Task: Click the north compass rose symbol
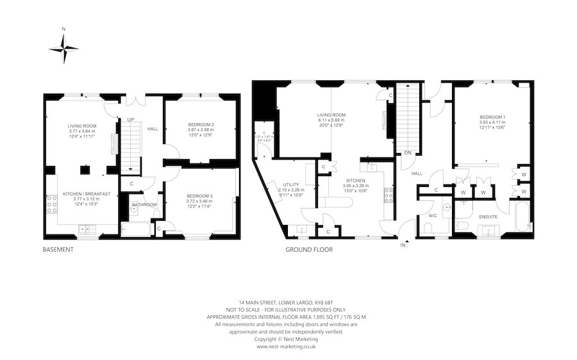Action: (x=63, y=48)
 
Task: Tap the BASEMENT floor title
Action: (x=58, y=249)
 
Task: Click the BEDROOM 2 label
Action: (x=201, y=124)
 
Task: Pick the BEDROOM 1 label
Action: (x=492, y=117)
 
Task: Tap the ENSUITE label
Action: (x=489, y=217)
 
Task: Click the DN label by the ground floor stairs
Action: (x=408, y=153)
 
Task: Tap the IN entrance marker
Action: (x=404, y=245)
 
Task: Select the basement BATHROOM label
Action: (x=144, y=205)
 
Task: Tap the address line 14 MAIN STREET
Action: (x=288, y=302)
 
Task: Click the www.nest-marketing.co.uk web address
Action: (x=288, y=347)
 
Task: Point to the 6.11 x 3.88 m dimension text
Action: (x=331, y=120)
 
